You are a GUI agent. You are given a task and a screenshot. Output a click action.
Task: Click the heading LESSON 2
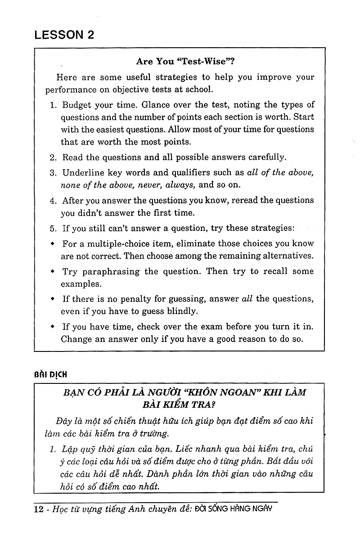65,35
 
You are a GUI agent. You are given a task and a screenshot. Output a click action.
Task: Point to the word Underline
84,172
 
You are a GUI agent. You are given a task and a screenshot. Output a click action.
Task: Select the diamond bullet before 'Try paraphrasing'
53,271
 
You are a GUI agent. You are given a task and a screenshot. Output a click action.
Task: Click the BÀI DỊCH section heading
50,374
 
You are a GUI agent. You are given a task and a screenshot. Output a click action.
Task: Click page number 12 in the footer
39,509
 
